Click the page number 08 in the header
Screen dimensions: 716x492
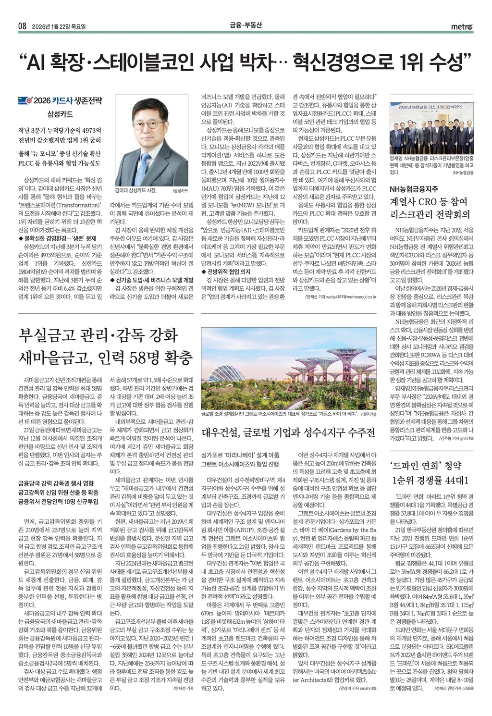(22, 26)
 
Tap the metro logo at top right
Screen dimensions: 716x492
(461, 26)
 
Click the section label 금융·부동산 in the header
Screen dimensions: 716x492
(246, 26)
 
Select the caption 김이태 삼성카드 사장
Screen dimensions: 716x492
(137, 190)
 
